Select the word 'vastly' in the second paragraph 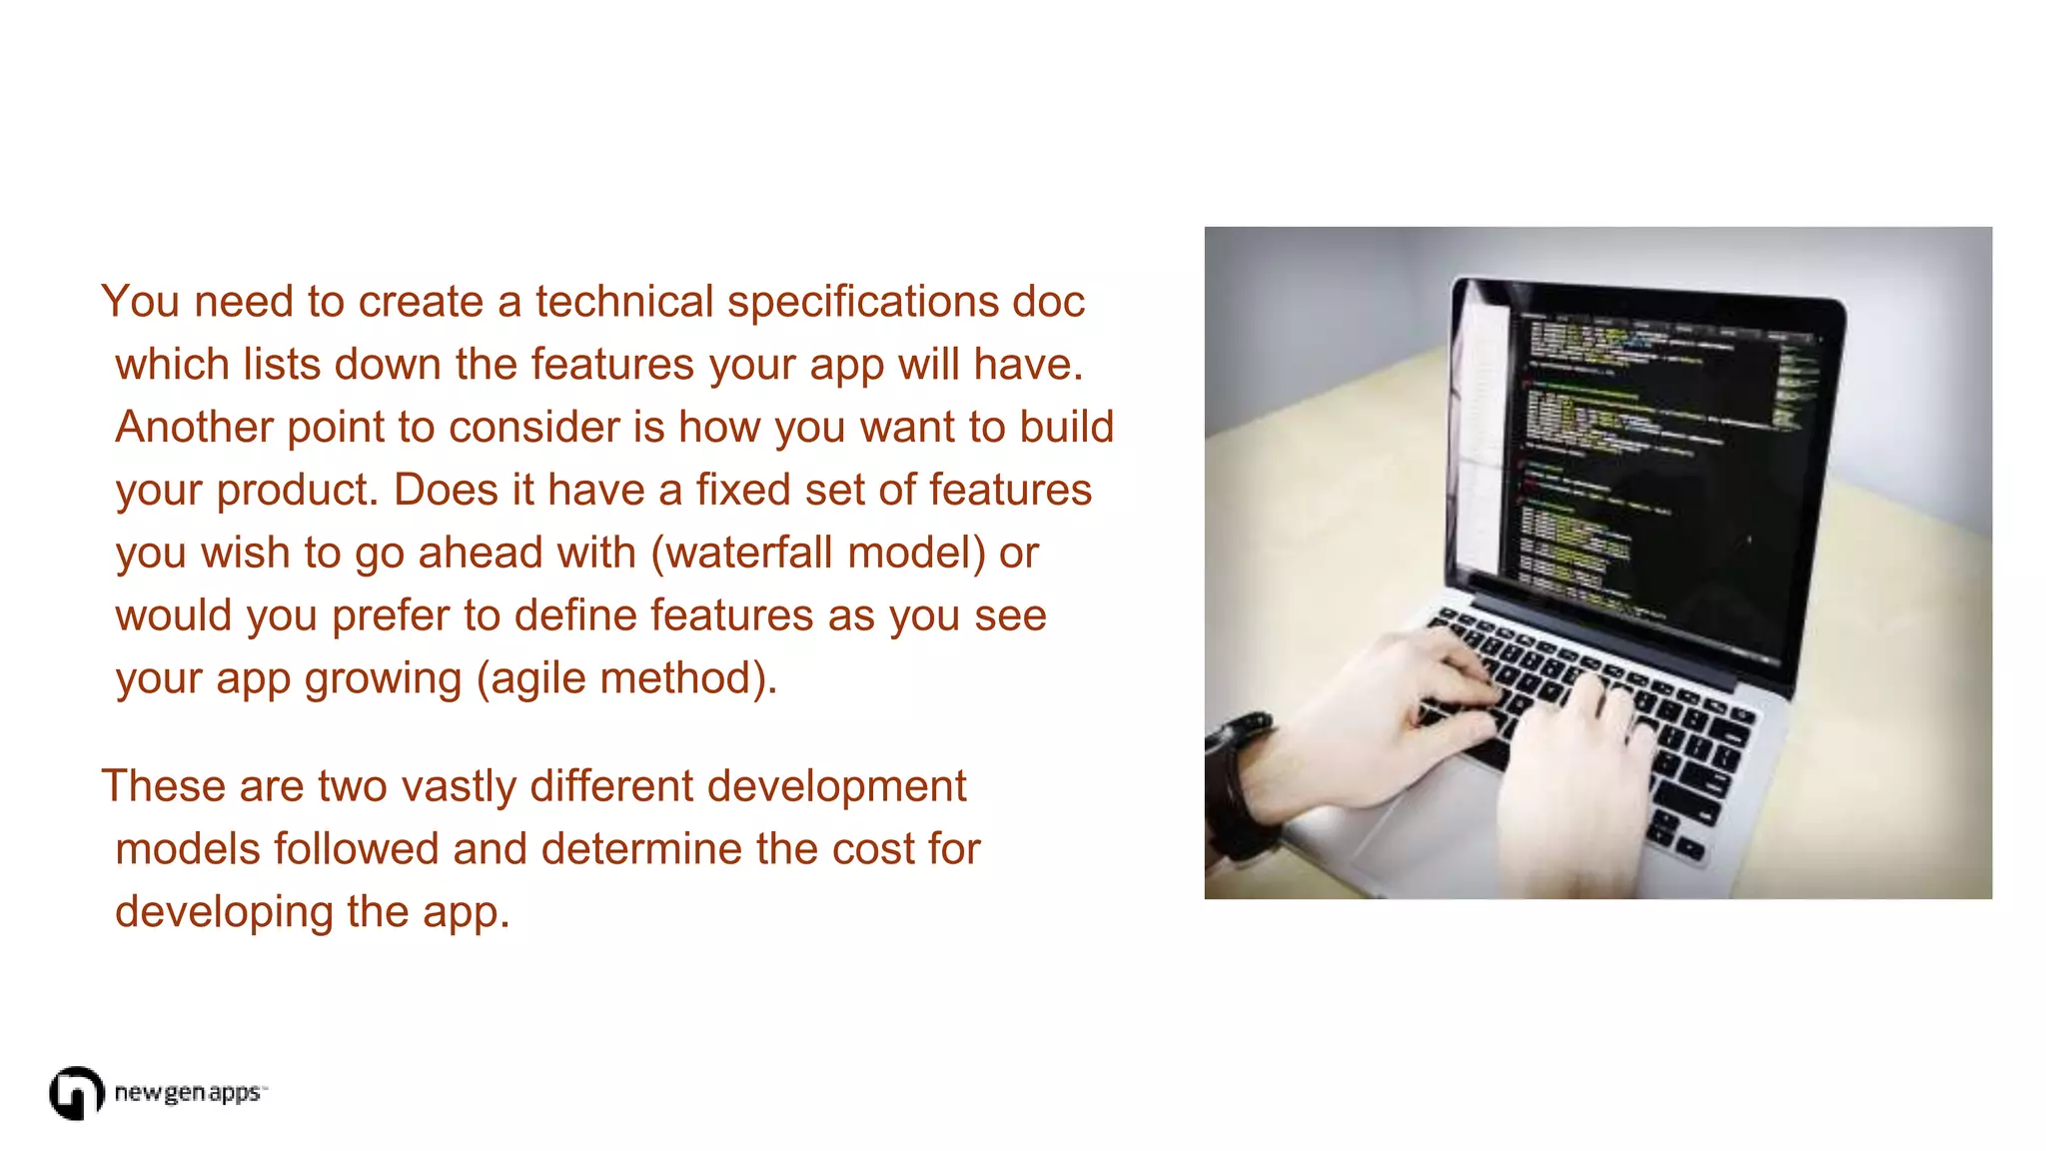point(459,786)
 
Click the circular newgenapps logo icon point(76,1093)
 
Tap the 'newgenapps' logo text point(188,1093)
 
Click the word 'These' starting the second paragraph point(163,786)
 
